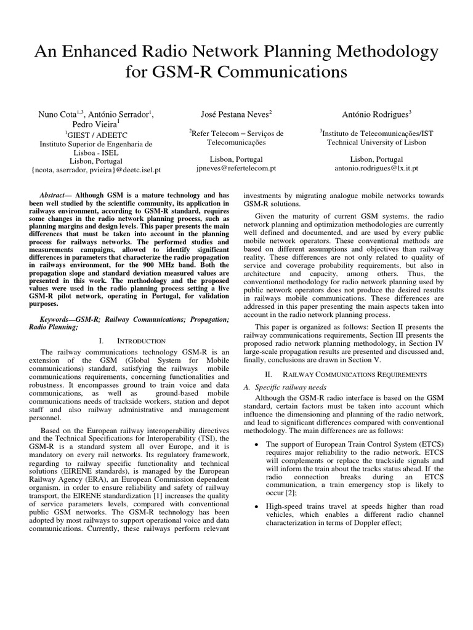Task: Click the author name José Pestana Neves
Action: [236, 114]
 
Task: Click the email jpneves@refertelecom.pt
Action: [236, 167]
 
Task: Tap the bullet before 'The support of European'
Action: [256, 444]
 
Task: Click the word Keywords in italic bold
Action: [59, 320]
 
